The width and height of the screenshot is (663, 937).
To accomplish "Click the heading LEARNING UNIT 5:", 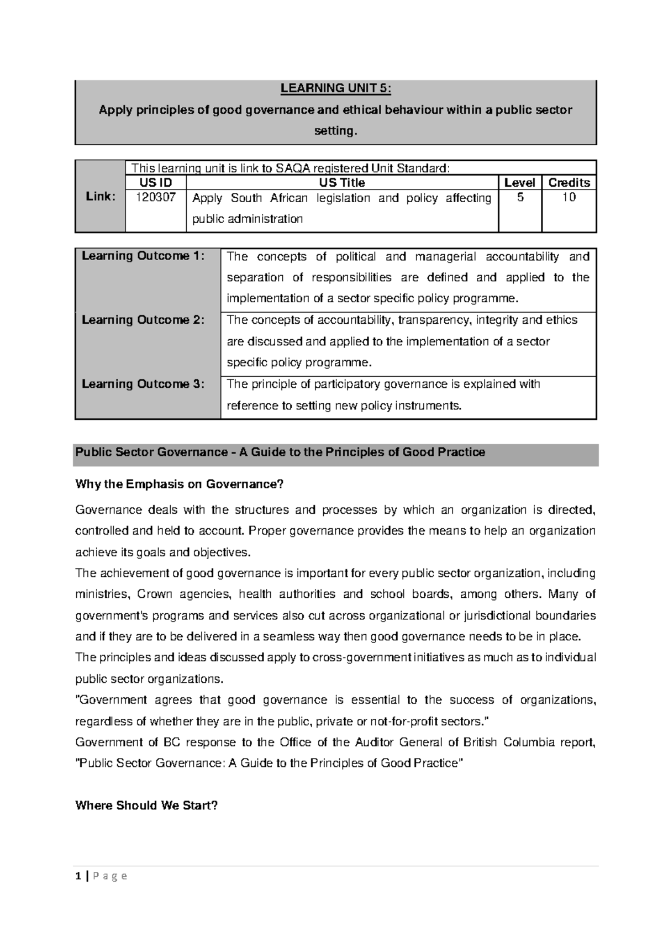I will click(x=335, y=88).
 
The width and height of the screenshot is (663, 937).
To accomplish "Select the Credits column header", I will click(x=569, y=183).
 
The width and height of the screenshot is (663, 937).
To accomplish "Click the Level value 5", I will click(x=520, y=197).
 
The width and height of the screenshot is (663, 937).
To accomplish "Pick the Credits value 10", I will click(x=569, y=197).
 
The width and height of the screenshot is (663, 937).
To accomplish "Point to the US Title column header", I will click(x=342, y=183).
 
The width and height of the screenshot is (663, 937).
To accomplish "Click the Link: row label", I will click(x=99, y=197).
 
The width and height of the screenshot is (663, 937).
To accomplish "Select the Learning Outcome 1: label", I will click(x=143, y=256).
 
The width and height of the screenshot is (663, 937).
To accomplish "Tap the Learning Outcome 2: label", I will click(x=143, y=320).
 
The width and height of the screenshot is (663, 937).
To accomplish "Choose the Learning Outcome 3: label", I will click(x=143, y=384).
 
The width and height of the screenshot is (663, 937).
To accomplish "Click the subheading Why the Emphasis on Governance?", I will click(x=179, y=485).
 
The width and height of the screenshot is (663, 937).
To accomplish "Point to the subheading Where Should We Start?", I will click(x=146, y=806).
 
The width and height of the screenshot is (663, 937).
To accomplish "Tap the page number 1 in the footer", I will click(x=78, y=876).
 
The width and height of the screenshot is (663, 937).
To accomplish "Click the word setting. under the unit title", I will click(x=335, y=131).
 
